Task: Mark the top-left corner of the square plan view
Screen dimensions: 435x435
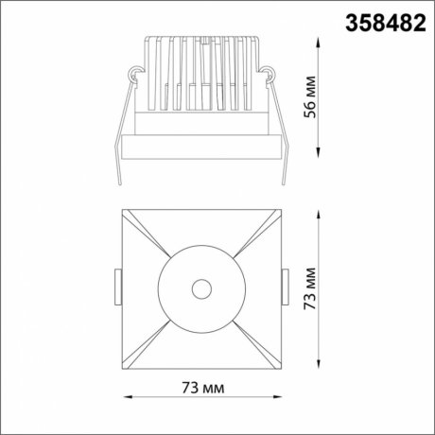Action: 123,209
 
